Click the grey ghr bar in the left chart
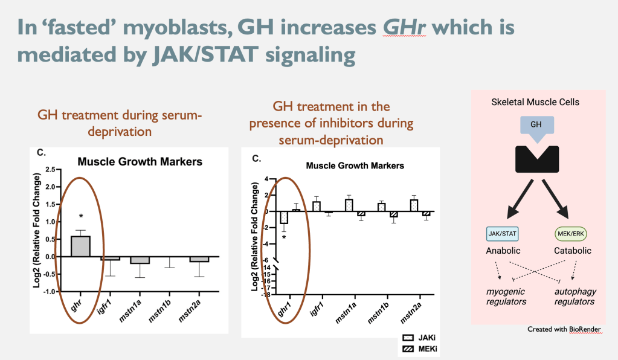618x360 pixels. (80, 246)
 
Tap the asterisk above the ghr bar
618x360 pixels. (80, 216)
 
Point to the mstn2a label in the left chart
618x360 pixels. (196, 310)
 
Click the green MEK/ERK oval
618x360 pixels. (571, 233)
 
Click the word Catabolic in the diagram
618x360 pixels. (571, 250)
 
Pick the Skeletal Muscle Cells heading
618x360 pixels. (535, 102)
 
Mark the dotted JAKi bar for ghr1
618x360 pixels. (284, 217)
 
